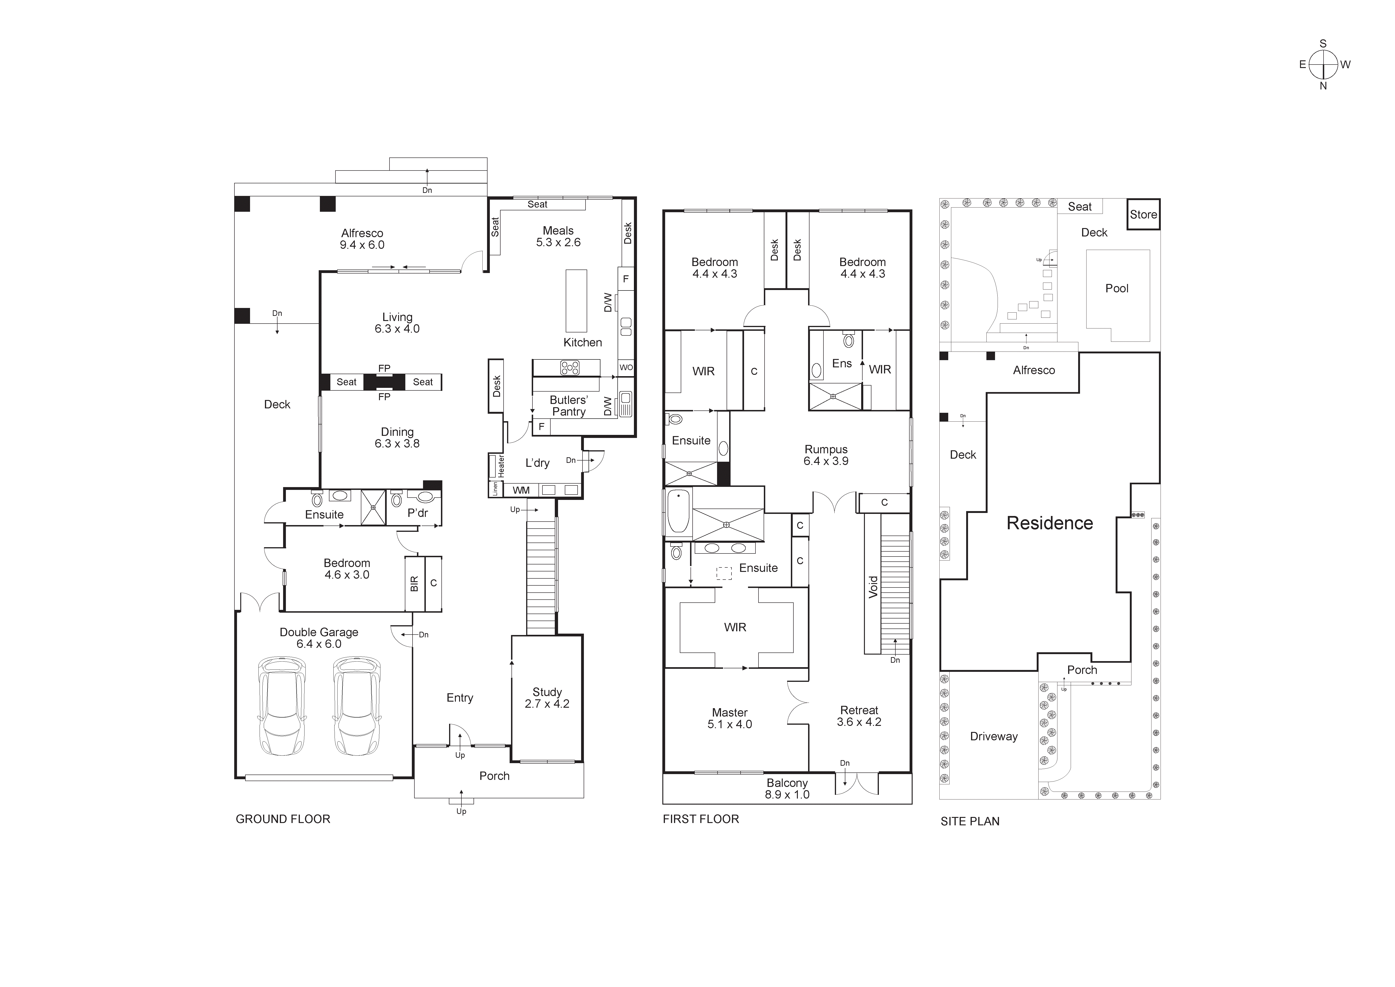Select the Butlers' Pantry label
569,405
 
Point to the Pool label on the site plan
1117,289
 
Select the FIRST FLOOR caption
701,819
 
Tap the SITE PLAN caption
970,821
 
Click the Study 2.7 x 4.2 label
547,698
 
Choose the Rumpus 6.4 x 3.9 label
826,455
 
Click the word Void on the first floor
873,587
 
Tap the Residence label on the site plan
1049,523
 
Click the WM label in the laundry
521,490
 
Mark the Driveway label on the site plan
993,736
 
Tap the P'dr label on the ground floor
418,513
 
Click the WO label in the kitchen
626,367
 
